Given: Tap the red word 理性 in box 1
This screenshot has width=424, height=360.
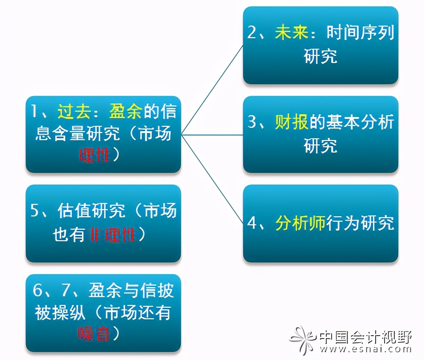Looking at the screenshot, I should pyautogui.click(x=94, y=155).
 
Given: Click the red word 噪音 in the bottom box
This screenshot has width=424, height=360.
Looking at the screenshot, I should pyautogui.click(x=94, y=334).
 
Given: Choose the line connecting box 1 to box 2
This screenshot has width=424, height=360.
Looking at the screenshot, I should pyautogui.click(x=213, y=89).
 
